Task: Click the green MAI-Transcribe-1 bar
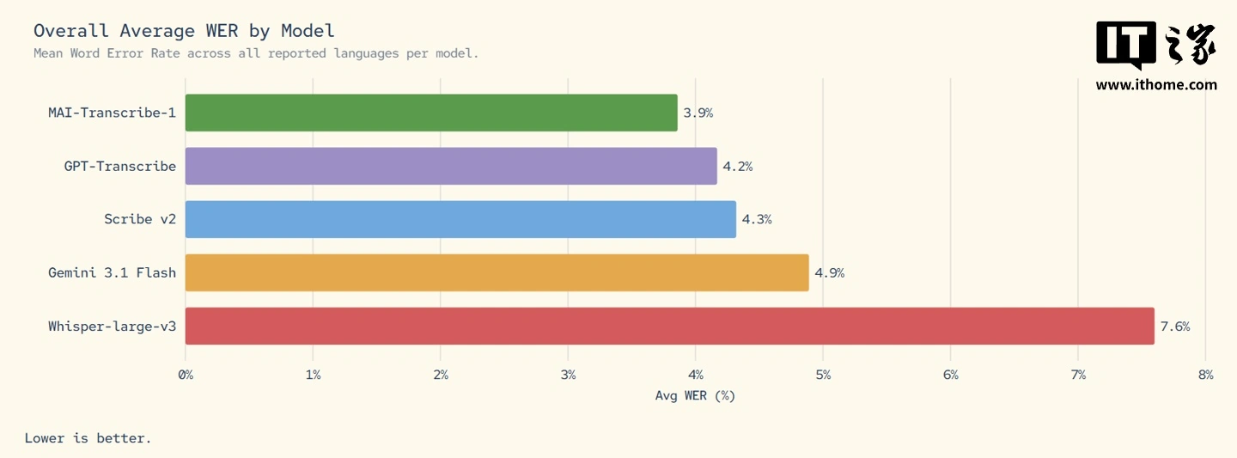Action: click(x=431, y=113)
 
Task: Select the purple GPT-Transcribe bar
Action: click(x=451, y=166)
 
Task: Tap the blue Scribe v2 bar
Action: click(x=460, y=219)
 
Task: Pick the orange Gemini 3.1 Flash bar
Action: click(x=497, y=272)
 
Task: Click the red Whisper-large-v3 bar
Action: click(x=669, y=326)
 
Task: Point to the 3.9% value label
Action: click(x=698, y=113)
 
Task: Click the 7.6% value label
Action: click(x=1175, y=327)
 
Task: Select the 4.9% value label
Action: click(x=830, y=273)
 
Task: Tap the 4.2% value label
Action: click(x=738, y=167)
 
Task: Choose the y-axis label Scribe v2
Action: click(x=140, y=220)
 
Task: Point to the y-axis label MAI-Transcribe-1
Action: click(x=112, y=113)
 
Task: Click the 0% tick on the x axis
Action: click(x=186, y=375)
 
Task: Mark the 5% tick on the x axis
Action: click(x=823, y=375)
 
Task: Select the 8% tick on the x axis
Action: click(x=1205, y=375)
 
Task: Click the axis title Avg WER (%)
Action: click(x=695, y=396)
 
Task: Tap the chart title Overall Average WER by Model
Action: click(x=184, y=31)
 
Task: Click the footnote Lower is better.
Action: click(x=88, y=438)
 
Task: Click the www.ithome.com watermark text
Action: click(x=1156, y=84)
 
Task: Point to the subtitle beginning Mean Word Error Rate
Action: click(x=256, y=53)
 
